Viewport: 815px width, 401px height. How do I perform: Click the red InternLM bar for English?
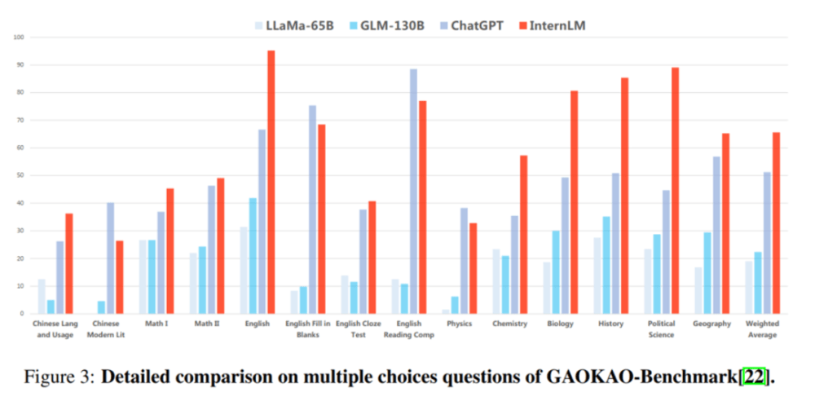(271, 183)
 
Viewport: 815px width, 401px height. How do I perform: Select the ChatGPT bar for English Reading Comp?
(413, 192)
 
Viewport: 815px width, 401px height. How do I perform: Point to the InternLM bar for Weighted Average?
(777, 223)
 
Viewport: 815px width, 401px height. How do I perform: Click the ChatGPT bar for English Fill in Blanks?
(312, 209)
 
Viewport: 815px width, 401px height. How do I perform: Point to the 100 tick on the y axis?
(18, 37)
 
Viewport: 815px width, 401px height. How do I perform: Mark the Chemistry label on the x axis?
(509, 324)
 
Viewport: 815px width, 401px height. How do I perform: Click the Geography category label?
(712, 324)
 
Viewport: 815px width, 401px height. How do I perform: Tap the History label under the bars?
(611, 324)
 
